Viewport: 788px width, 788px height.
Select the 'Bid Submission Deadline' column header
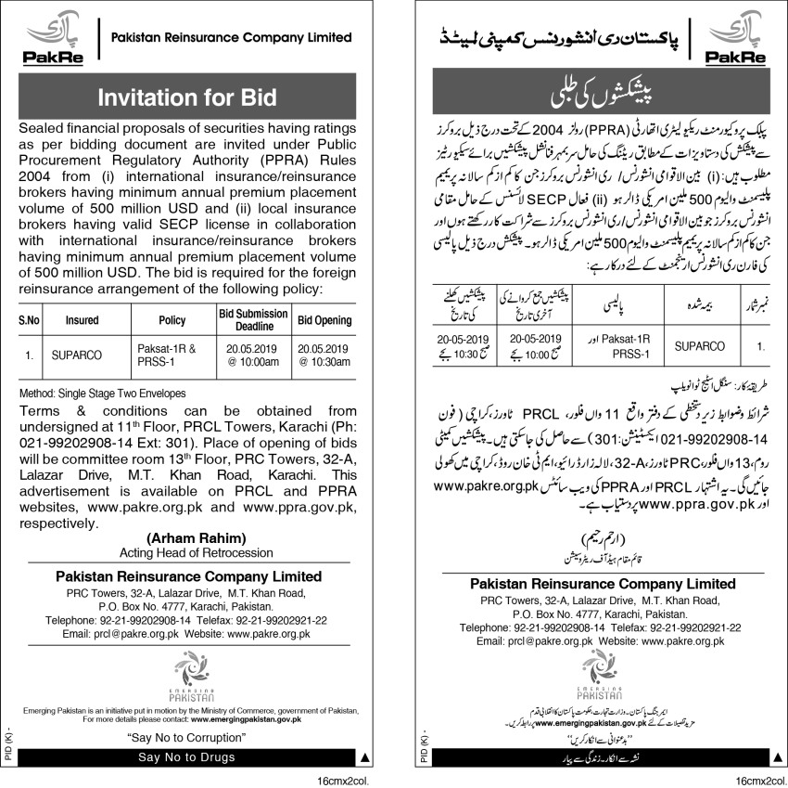point(253,320)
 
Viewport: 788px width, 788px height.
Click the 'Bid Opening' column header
point(324,320)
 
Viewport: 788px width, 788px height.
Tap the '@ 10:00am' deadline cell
point(253,361)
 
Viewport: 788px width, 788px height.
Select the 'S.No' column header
point(31,320)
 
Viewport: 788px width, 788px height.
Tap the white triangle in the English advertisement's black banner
point(363,758)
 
